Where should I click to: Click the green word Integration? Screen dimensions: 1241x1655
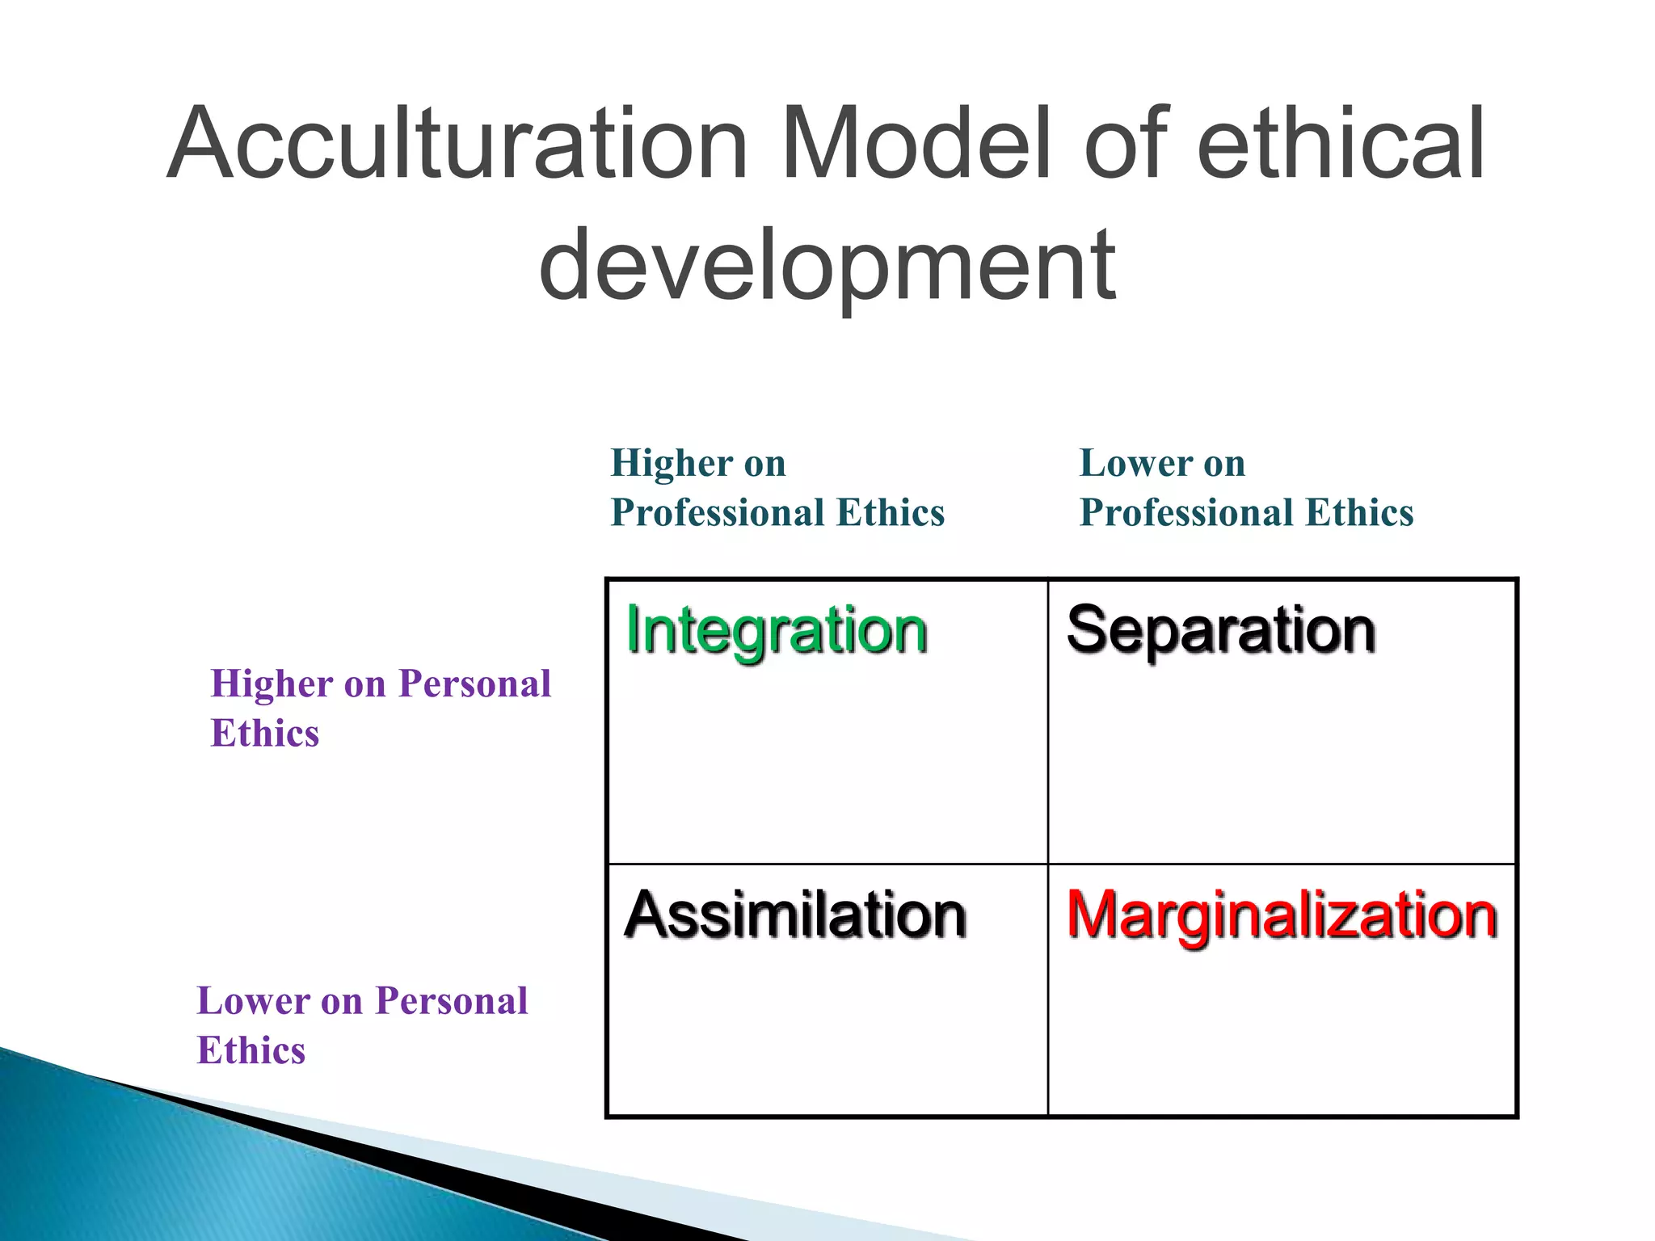777,631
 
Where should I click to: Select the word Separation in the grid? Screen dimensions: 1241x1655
1220,631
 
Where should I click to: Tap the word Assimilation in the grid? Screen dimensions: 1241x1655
795,915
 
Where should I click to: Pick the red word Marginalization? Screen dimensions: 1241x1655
1282,915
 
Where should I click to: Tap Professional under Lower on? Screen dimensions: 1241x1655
1187,513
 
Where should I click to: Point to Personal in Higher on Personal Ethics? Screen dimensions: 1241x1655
475,684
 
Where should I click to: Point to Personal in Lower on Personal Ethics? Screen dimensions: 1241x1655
452,1002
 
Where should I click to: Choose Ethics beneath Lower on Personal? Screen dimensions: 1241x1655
251,1051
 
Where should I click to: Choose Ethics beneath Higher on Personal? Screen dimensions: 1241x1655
265,734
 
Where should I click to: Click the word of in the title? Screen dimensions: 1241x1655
1128,144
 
